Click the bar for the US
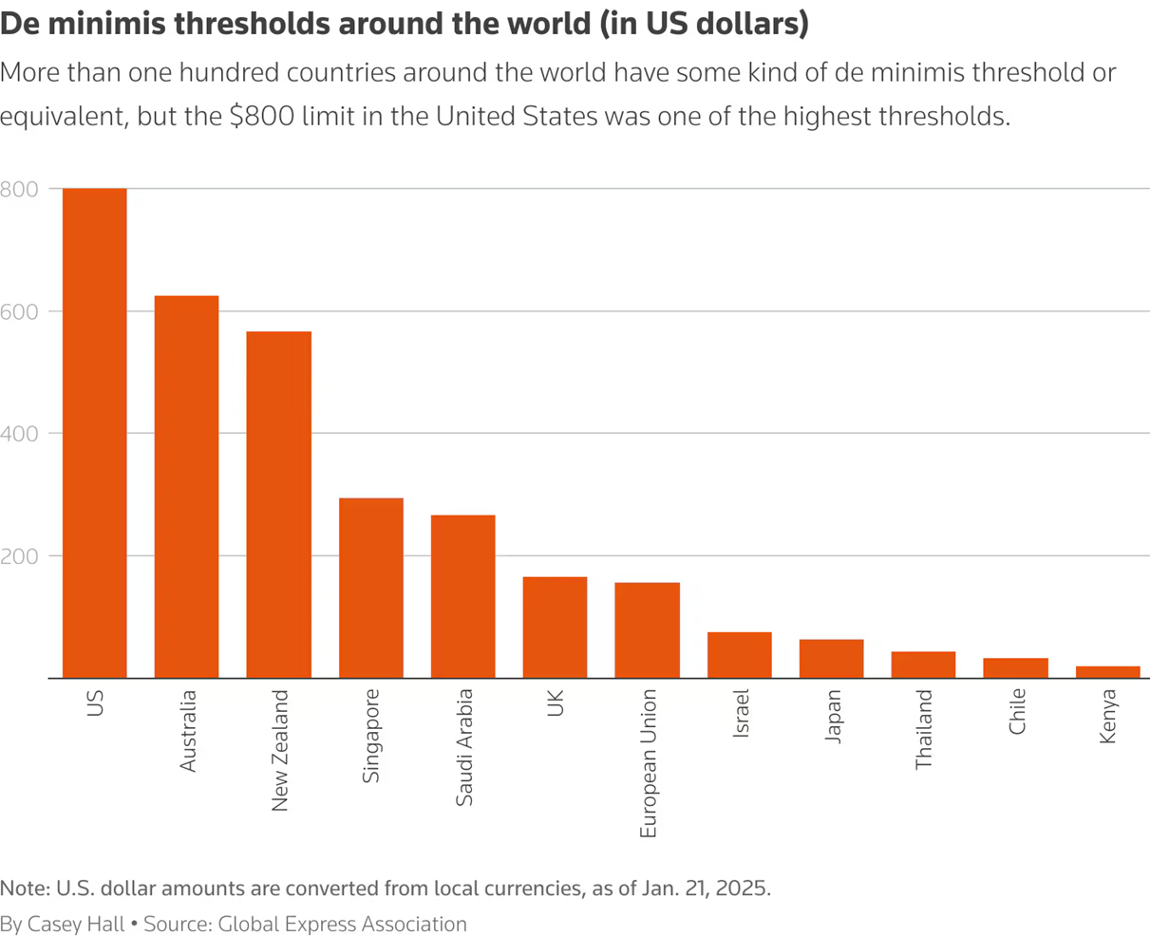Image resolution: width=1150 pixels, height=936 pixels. pyautogui.click(x=94, y=433)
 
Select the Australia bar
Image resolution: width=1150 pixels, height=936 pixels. pyautogui.click(x=186, y=487)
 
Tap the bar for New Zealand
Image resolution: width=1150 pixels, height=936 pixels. pyautogui.click(x=278, y=504)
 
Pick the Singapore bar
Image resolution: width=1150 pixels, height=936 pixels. pyautogui.click(x=370, y=588)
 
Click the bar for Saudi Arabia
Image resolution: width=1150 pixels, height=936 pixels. pyautogui.click(x=462, y=596)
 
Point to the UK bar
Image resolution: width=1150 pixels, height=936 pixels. pyautogui.click(x=555, y=627)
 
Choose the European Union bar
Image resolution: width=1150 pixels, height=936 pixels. pyautogui.click(x=647, y=629)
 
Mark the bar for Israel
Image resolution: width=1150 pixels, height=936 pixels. pyautogui.click(x=739, y=655)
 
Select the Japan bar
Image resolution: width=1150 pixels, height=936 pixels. pyautogui.click(x=831, y=659)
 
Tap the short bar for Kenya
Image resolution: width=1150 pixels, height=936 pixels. pyautogui.click(x=1107, y=672)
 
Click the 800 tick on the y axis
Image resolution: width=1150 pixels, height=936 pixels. pyautogui.click(x=19, y=189)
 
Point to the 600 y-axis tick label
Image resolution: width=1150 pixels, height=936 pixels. pyautogui.click(x=19, y=311)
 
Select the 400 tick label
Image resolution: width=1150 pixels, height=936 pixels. pyautogui.click(x=19, y=434)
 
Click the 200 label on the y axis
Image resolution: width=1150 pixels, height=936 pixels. pyautogui.click(x=19, y=556)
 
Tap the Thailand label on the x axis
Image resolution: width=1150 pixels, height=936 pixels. pyautogui.click(x=924, y=729)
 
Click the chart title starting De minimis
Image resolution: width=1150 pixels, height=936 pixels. pyautogui.click(x=405, y=24)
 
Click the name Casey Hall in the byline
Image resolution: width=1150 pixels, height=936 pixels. pyautogui.click(x=75, y=924)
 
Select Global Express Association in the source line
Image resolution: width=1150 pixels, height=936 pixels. pyautogui.click(x=342, y=924)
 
